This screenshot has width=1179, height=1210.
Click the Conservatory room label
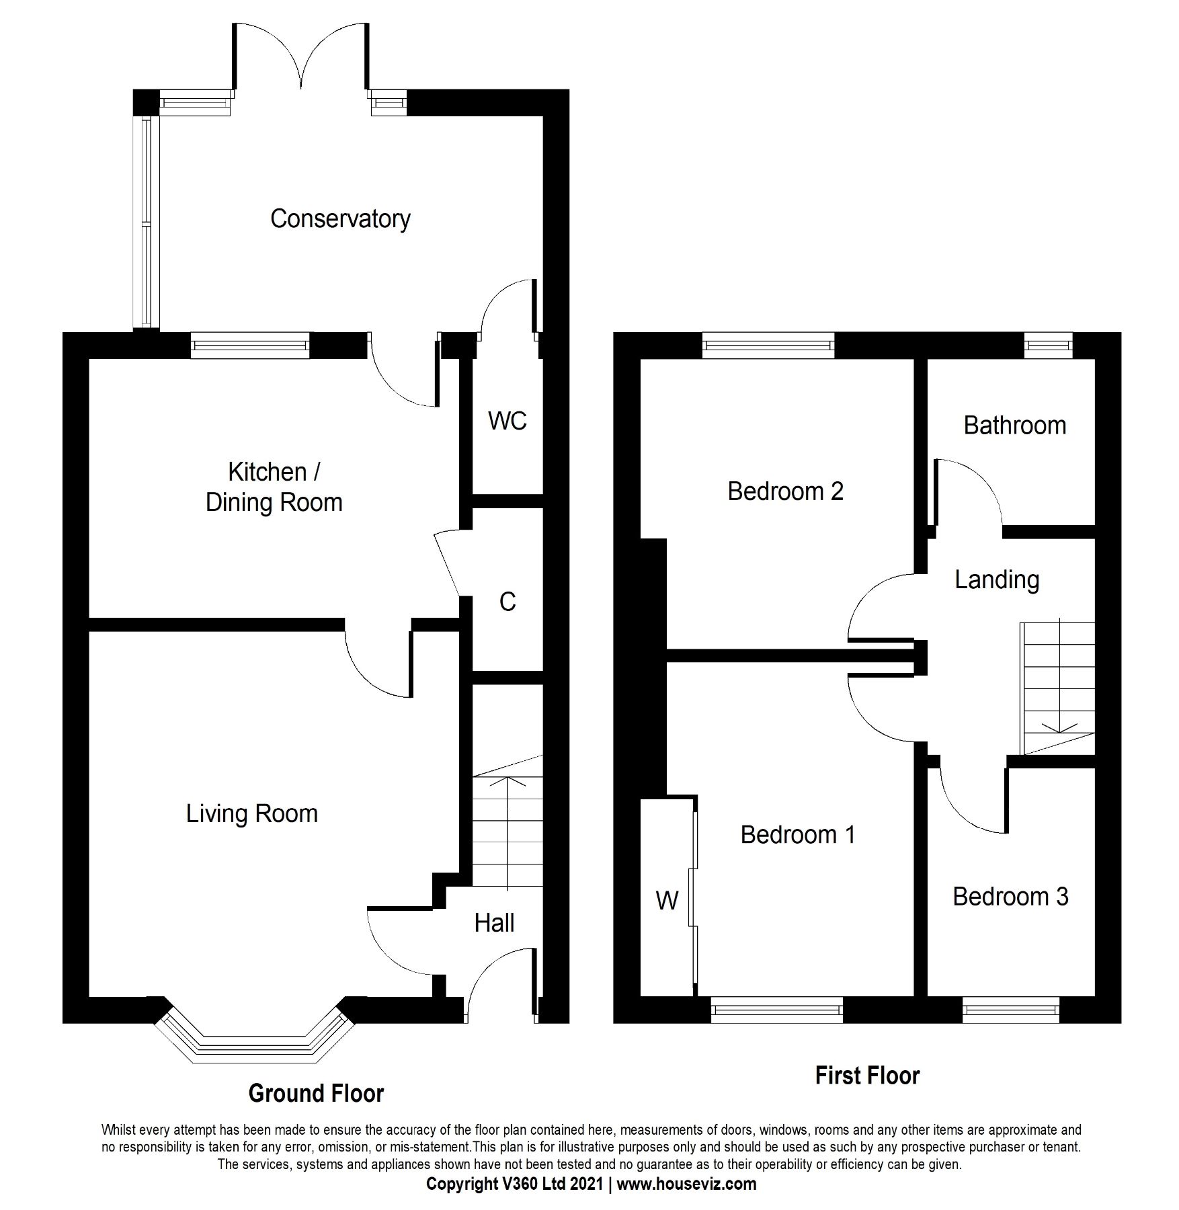(x=340, y=219)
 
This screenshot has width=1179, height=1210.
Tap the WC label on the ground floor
(x=507, y=421)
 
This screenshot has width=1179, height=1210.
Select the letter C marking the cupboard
(x=507, y=602)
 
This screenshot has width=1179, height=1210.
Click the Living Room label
(x=252, y=814)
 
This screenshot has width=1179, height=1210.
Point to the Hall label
(x=495, y=923)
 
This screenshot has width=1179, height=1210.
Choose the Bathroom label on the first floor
(x=1015, y=426)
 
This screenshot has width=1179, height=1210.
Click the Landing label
(x=997, y=580)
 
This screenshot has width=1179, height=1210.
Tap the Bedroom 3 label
(x=1011, y=897)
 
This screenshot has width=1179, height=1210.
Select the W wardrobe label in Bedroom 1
(x=667, y=901)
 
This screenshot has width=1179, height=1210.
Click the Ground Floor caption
(x=316, y=1094)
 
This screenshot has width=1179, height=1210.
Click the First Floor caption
(x=867, y=1076)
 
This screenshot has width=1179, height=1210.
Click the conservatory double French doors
(x=300, y=57)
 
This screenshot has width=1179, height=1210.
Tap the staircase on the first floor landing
(x=1057, y=688)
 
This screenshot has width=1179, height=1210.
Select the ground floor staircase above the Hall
(x=507, y=820)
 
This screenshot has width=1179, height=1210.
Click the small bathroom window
(x=1048, y=346)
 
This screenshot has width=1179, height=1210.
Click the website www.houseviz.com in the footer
(x=686, y=1184)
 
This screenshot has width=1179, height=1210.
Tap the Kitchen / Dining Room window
(x=250, y=346)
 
